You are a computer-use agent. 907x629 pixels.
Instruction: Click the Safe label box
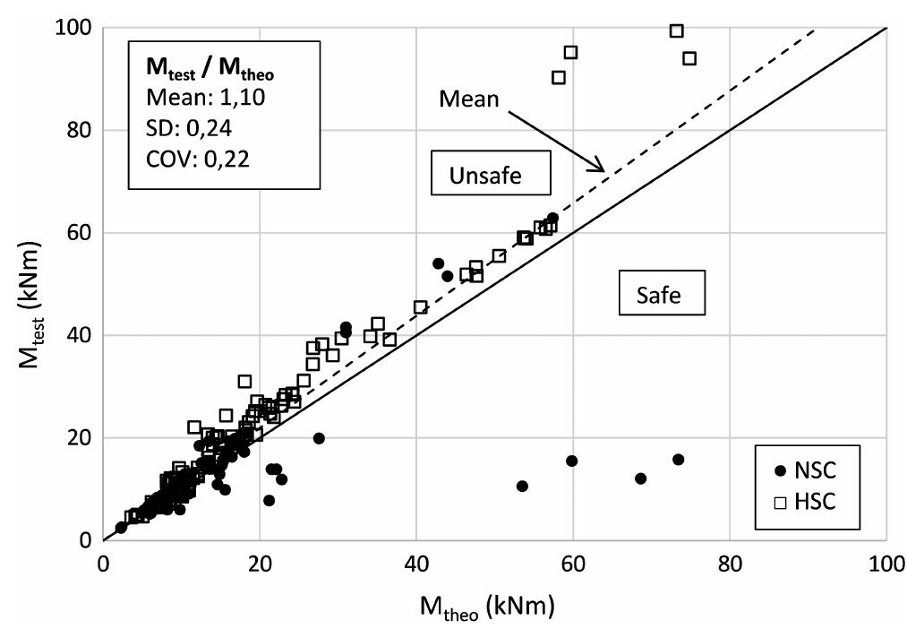coord(658,294)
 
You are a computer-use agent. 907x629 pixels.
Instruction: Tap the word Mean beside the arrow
coord(468,99)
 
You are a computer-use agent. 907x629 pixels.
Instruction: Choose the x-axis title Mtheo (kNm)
coord(487,607)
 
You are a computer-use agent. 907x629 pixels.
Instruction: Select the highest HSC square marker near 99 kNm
coord(677,31)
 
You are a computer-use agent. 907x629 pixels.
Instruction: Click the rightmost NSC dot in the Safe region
coord(678,460)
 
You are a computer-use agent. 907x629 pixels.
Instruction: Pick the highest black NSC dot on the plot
coord(552,218)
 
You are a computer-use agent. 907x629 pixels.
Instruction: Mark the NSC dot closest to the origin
coord(121,528)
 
